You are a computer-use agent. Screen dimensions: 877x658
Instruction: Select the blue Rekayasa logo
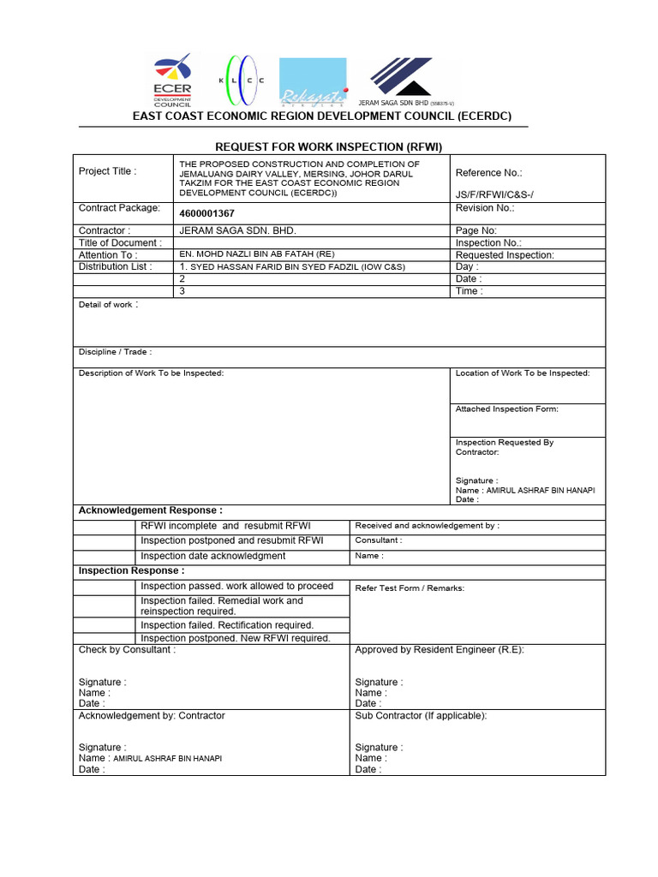313,81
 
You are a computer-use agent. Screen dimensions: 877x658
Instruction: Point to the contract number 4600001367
207,213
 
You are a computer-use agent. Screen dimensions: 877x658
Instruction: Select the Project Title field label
107,171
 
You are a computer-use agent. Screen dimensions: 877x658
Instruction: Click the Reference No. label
488,173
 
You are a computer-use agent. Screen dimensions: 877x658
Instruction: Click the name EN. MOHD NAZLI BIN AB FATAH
257,254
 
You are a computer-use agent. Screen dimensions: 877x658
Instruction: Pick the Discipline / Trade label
115,352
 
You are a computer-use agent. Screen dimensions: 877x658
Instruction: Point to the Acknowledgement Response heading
150,510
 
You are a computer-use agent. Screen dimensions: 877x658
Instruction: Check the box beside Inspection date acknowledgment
105,557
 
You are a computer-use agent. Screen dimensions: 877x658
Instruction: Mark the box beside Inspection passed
105,587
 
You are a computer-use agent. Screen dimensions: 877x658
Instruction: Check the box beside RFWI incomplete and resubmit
105,526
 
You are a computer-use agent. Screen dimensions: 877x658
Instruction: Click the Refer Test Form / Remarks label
410,588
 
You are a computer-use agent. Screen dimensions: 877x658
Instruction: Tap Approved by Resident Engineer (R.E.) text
439,650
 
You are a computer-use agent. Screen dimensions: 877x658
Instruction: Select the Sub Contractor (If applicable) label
421,716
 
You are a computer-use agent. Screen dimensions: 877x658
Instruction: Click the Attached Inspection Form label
506,409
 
